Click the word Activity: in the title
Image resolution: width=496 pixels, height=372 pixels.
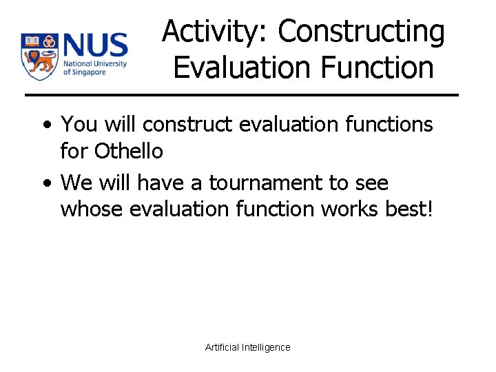(x=216, y=32)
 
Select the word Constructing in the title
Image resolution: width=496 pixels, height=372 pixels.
(x=362, y=32)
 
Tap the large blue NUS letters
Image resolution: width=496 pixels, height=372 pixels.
(x=95, y=46)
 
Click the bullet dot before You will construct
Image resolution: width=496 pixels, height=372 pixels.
(x=45, y=125)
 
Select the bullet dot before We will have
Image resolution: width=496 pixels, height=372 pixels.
(x=45, y=184)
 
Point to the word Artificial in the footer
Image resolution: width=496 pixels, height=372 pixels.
(x=223, y=347)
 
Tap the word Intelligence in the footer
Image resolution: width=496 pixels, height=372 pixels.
(x=267, y=347)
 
